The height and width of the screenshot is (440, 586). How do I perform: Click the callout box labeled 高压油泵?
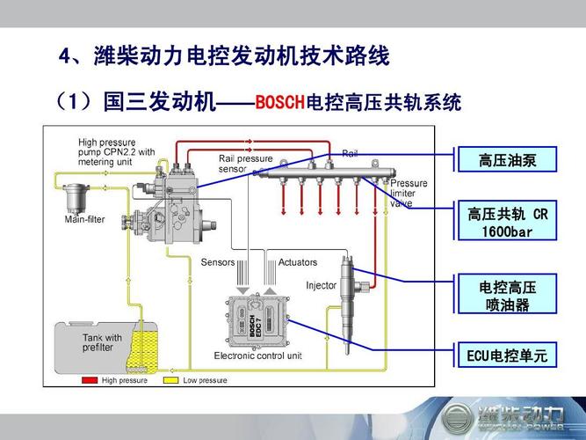(x=507, y=160)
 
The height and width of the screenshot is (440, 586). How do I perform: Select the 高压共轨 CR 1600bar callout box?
(x=507, y=222)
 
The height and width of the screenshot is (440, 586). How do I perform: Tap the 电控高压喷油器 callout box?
(x=507, y=296)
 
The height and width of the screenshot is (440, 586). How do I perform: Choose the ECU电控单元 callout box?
(x=507, y=356)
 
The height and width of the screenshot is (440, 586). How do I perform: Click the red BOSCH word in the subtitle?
(x=279, y=103)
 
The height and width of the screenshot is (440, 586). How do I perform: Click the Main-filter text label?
(x=84, y=220)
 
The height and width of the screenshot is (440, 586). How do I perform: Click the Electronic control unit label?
(x=257, y=356)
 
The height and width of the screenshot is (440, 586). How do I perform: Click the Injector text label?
(x=321, y=285)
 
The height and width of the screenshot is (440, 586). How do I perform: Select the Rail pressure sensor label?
(x=245, y=163)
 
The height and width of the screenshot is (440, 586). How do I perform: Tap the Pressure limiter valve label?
(x=408, y=193)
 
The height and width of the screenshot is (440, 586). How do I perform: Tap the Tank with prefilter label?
(x=103, y=342)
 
